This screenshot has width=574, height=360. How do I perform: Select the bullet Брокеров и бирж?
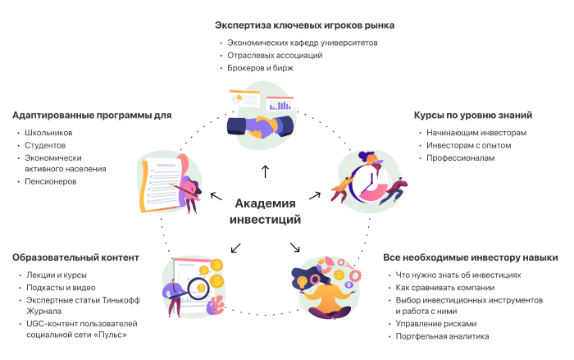(x=260, y=68)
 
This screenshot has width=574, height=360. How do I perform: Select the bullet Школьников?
(x=48, y=132)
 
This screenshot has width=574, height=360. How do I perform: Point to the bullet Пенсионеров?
(x=51, y=181)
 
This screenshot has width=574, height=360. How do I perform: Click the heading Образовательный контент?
(x=76, y=257)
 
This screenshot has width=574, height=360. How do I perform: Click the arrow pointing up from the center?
(x=265, y=171)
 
